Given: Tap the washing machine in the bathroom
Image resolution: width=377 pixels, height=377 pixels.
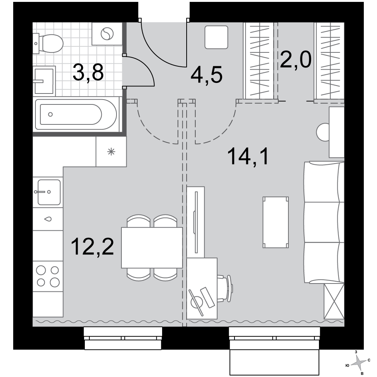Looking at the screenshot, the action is (107, 34).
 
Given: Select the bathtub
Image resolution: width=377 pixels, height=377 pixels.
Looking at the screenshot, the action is (77, 115).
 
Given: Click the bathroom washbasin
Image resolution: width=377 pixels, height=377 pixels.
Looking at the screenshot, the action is (44, 81).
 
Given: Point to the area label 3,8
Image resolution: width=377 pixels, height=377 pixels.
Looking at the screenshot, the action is (88, 73).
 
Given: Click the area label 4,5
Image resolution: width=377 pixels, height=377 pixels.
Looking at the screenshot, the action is (207, 74).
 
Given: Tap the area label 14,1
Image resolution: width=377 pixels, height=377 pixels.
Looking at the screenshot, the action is (248, 156).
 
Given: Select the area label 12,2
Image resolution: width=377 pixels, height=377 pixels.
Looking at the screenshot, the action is (93, 246).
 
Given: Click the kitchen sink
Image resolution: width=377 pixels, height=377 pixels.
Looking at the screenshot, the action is (48, 192).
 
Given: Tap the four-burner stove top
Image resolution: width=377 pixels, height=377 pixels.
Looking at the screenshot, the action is (48, 276).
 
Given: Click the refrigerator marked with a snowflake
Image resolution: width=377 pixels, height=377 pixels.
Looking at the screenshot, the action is (111, 152).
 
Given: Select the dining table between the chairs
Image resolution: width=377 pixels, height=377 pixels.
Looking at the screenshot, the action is (152, 248).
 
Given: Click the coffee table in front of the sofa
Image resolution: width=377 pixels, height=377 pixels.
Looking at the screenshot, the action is (276, 222).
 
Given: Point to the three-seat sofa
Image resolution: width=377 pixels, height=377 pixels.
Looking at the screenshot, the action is (324, 222).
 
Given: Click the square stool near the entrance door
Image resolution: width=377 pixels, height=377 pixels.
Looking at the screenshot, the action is (216, 37).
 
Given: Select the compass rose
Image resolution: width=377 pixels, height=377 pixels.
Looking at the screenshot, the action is (359, 363).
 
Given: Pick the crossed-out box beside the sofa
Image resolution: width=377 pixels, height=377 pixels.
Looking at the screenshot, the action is (334, 301).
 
